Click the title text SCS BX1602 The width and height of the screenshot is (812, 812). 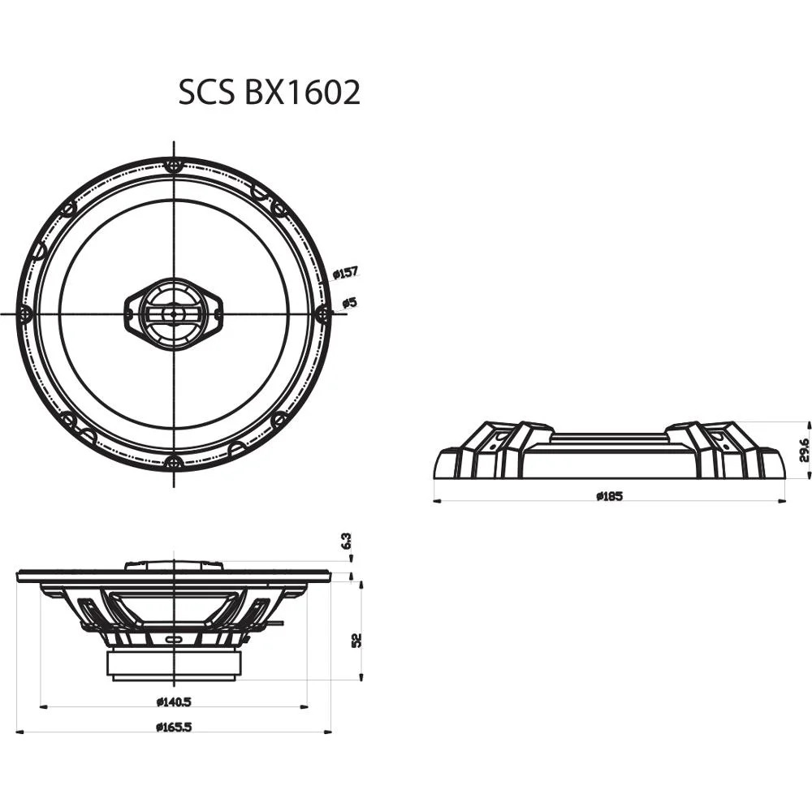point(269,93)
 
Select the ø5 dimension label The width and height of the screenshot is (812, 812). point(349,303)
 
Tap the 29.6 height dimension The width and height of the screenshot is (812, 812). point(803,449)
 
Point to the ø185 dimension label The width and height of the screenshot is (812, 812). point(608,496)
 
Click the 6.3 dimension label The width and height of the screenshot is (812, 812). point(347,542)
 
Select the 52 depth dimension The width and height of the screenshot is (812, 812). point(356,639)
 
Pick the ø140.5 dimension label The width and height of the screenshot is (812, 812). point(173,701)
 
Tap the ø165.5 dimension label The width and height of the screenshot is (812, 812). point(173,727)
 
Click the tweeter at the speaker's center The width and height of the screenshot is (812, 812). point(173,313)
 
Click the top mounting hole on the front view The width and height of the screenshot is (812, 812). point(173,166)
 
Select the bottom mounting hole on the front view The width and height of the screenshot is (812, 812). point(173,463)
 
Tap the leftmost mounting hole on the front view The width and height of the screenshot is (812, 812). point(25,313)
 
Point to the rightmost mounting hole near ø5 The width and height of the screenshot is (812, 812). point(322,313)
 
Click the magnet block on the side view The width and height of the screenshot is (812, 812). point(174,665)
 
